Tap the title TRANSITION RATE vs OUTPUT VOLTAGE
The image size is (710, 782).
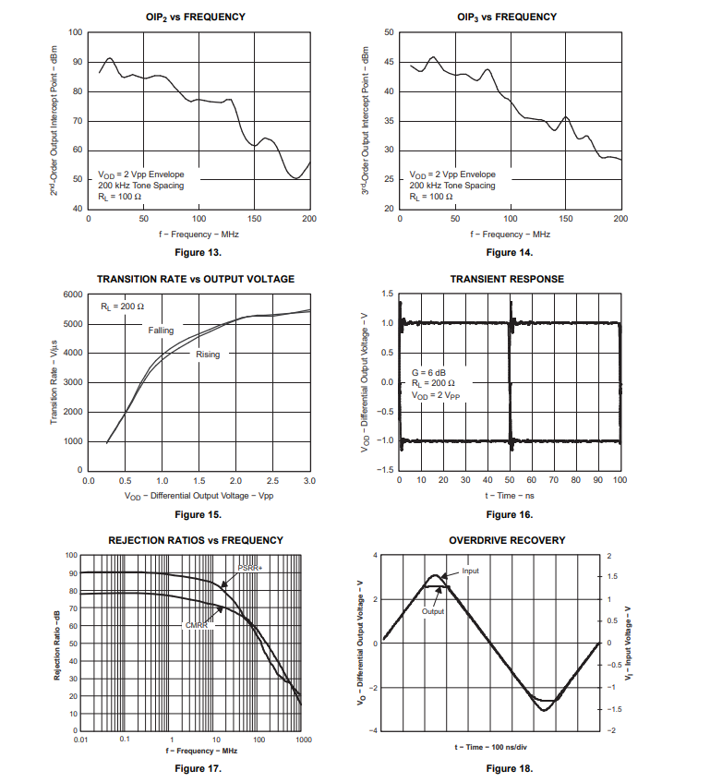[196, 279]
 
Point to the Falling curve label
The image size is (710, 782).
[161, 331]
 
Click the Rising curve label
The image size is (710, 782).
[208, 354]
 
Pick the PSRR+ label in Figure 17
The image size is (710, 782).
[250, 568]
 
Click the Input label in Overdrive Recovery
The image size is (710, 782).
[470, 571]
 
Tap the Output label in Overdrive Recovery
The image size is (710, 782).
[433, 611]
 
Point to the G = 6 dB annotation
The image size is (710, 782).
[428, 372]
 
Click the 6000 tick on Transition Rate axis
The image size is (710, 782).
[72, 295]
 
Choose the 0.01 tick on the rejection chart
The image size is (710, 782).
[81, 740]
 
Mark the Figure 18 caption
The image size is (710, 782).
[510, 768]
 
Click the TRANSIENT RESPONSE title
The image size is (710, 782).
[507, 279]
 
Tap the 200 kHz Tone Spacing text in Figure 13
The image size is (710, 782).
[141, 186]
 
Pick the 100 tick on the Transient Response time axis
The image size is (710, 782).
[620, 480]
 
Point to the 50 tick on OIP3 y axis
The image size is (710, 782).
[389, 33]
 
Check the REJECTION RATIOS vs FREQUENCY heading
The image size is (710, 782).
[196, 540]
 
